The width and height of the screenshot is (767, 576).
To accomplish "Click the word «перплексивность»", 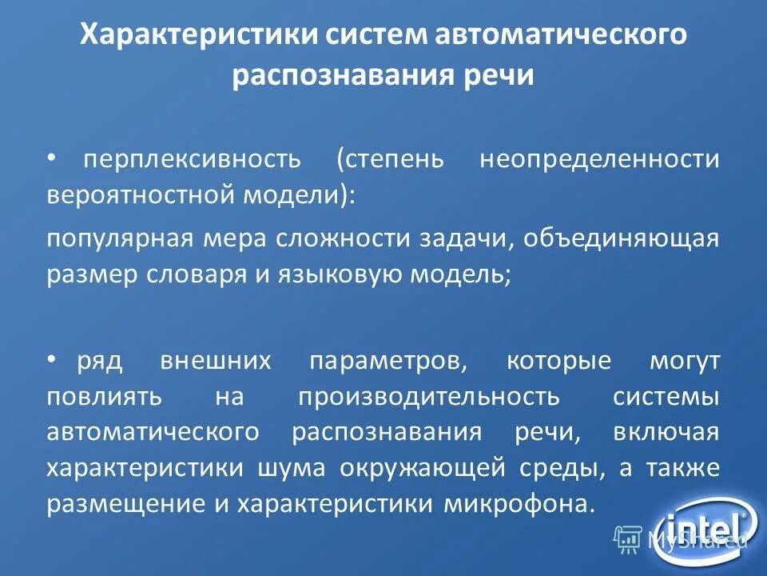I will coord(193,159).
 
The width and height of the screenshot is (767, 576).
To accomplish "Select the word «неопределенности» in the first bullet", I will coord(599,159).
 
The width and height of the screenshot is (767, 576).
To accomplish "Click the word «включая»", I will coord(666,433).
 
